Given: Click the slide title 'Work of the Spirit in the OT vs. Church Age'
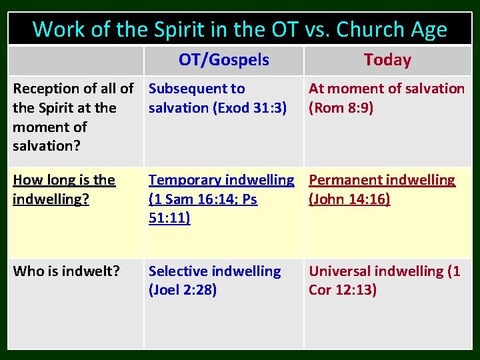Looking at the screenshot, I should pyautogui.click(x=240, y=29).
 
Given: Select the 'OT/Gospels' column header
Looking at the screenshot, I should pyautogui.click(x=224, y=60).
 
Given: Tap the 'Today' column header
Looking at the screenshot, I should pyautogui.click(x=387, y=60).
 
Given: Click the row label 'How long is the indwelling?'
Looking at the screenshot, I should pyautogui.click(x=64, y=189).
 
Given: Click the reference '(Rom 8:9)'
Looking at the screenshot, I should pyautogui.click(x=341, y=107).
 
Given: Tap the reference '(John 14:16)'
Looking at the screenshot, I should pyautogui.click(x=349, y=199).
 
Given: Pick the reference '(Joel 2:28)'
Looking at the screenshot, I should pyautogui.click(x=183, y=290).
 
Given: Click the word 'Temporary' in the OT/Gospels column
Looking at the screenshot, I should pyautogui.click(x=183, y=180).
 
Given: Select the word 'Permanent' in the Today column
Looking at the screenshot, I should pyautogui.click(x=345, y=180).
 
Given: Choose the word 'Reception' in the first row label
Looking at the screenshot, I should pyautogui.click(x=45, y=89).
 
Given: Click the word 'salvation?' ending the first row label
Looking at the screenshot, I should pyautogui.click(x=45, y=145).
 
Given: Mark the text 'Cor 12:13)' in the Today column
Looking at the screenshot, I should pyautogui.click(x=343, y=290).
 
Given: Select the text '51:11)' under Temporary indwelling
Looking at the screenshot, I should pyautogui.click(x=169, y=218).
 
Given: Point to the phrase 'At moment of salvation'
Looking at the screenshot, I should pyautogui.click(x=387, y=89).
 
